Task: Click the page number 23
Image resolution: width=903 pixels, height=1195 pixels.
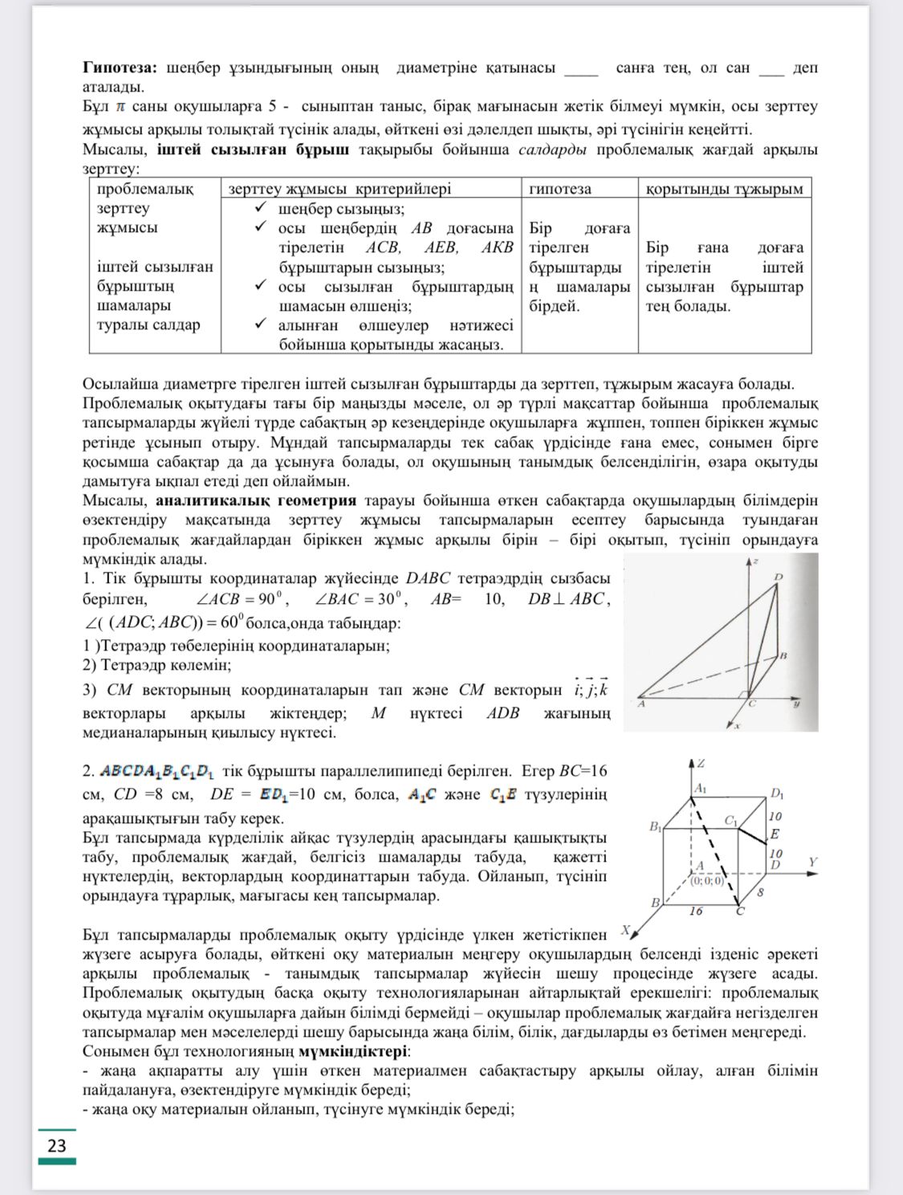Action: coord(56,1145)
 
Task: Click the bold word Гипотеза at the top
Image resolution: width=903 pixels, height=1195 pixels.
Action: coord(120,67)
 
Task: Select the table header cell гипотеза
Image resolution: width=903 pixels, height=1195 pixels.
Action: coord(559,189)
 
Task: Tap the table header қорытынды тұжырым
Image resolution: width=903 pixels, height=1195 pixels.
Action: coord(724,189)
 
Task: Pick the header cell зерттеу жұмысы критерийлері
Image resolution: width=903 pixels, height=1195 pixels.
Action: coord(340,189)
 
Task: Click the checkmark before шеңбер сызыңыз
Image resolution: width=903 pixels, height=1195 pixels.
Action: coord(260,207)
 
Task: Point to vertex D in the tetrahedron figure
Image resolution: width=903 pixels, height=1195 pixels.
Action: coord(779,577)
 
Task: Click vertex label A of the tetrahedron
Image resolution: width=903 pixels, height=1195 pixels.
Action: coord(641,704)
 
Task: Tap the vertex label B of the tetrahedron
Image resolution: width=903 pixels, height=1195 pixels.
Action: coord(783,655)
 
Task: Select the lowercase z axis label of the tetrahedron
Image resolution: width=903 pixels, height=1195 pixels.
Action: coord(755,560)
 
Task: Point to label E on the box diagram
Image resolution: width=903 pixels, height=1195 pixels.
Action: coord(775,834)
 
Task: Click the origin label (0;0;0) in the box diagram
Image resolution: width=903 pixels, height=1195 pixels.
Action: coord(706,880)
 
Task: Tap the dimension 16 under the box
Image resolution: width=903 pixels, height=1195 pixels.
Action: coord(695,911)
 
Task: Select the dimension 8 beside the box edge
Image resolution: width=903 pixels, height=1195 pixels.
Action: coord(760,891)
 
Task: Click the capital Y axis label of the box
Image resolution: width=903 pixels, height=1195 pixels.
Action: coord(812,863)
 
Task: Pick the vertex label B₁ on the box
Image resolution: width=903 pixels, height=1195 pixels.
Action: coord(656,826)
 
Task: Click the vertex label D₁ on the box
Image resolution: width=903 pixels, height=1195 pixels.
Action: coord(776,793)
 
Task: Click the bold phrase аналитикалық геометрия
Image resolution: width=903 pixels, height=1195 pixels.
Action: coord(256,500)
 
